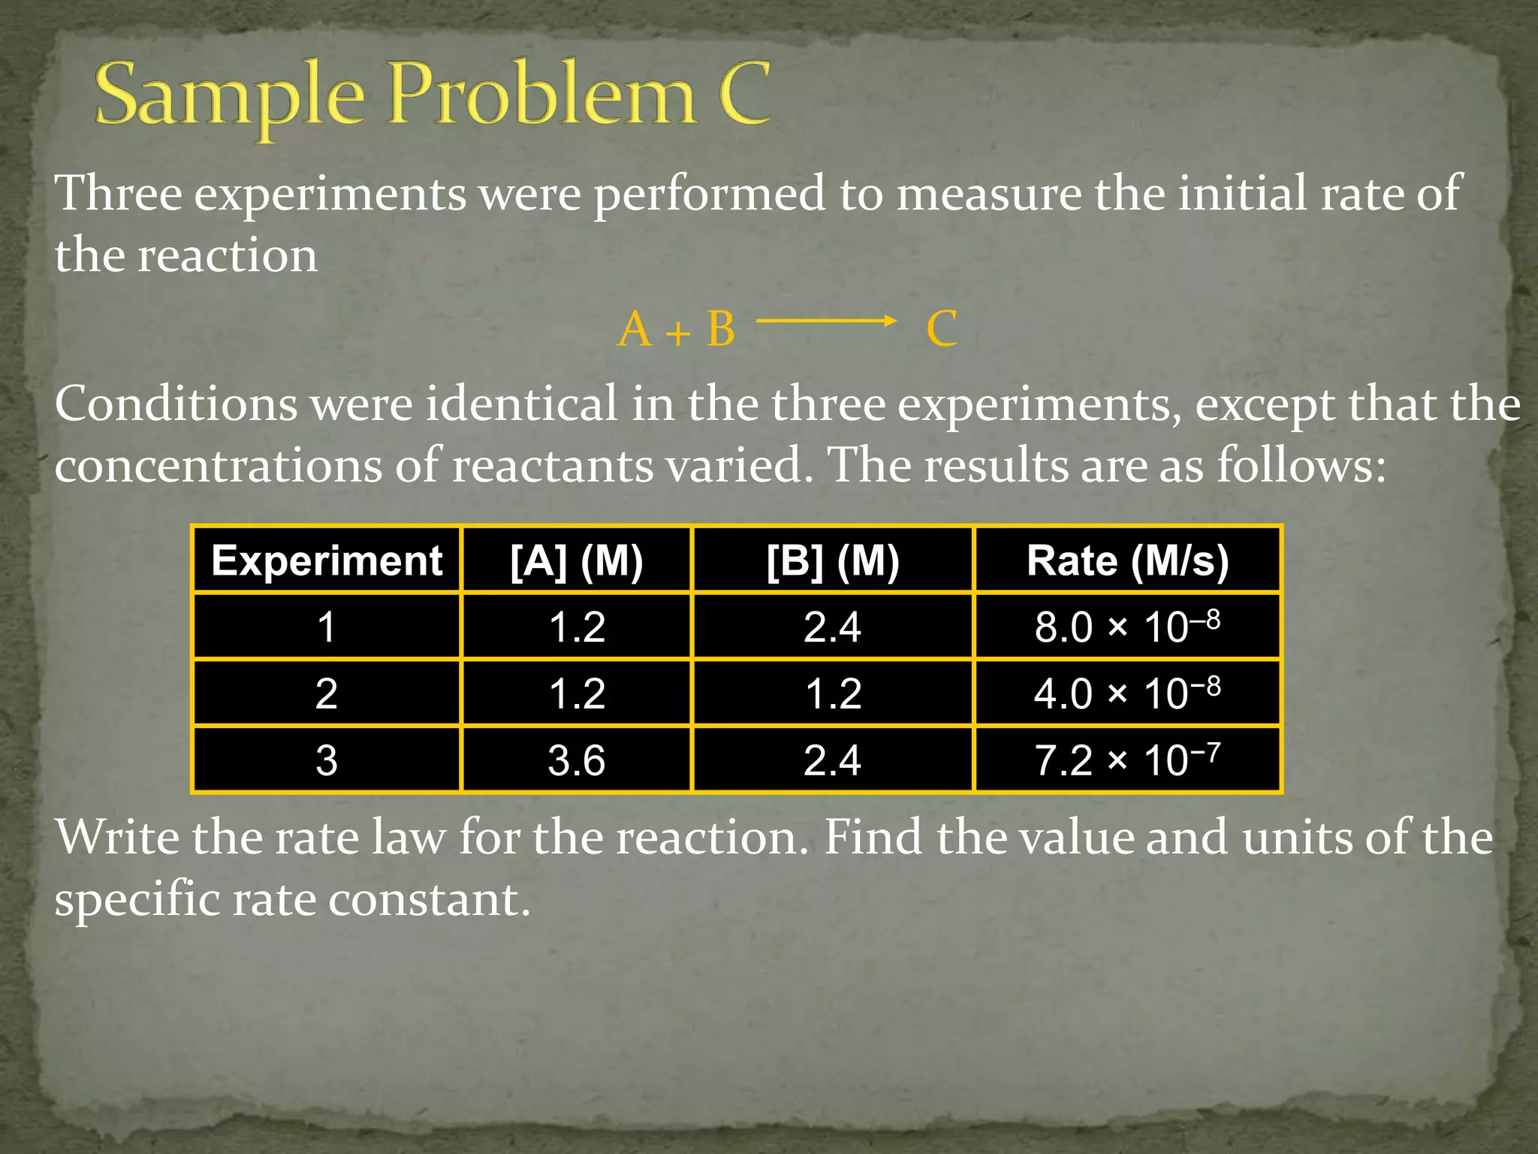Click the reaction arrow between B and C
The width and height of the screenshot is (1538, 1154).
point(826,322)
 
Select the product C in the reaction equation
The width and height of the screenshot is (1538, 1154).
point(942,329)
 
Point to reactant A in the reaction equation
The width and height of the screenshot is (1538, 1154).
point(635,329)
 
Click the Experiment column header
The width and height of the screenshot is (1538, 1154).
point(327,560)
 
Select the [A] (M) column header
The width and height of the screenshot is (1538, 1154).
point(577,560)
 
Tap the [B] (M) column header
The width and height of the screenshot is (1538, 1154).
point(833,560)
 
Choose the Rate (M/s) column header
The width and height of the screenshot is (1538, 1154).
point(1127,560)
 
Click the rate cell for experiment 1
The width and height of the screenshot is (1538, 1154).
point(1127,627)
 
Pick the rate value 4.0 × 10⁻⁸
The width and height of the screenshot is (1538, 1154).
point(1127,693)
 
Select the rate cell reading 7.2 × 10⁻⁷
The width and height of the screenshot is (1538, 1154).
point(1127,760)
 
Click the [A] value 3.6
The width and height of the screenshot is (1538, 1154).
point(577,760)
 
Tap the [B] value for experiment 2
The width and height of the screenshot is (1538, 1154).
point(833,693)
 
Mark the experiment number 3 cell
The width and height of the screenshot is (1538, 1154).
point(327,760)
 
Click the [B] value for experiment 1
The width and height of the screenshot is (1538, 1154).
point(833,627)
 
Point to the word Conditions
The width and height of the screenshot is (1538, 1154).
point(176,404)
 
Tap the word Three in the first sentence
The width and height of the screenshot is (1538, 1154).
point(119,194)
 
